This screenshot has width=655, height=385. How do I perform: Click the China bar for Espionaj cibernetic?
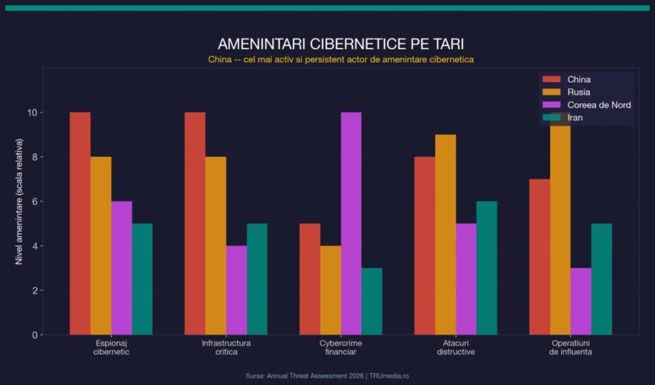80,224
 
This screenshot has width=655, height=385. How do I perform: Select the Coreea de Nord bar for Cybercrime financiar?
351,224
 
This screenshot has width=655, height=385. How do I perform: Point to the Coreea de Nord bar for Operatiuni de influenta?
581,301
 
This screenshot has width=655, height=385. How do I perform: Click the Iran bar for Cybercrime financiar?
372,301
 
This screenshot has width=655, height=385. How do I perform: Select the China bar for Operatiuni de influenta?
540,257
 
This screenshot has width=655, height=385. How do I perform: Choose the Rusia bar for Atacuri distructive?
446,234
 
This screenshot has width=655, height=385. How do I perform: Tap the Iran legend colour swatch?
551,118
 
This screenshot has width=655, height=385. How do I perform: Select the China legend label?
579,79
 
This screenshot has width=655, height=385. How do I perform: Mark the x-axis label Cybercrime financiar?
340,347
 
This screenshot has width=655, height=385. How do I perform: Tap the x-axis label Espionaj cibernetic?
111,347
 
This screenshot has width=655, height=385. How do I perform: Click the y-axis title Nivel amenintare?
19,202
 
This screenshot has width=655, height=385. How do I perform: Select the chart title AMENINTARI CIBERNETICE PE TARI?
340,44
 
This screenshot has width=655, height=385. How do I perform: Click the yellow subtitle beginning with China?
340,59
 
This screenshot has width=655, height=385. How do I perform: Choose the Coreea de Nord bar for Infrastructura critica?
236,290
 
